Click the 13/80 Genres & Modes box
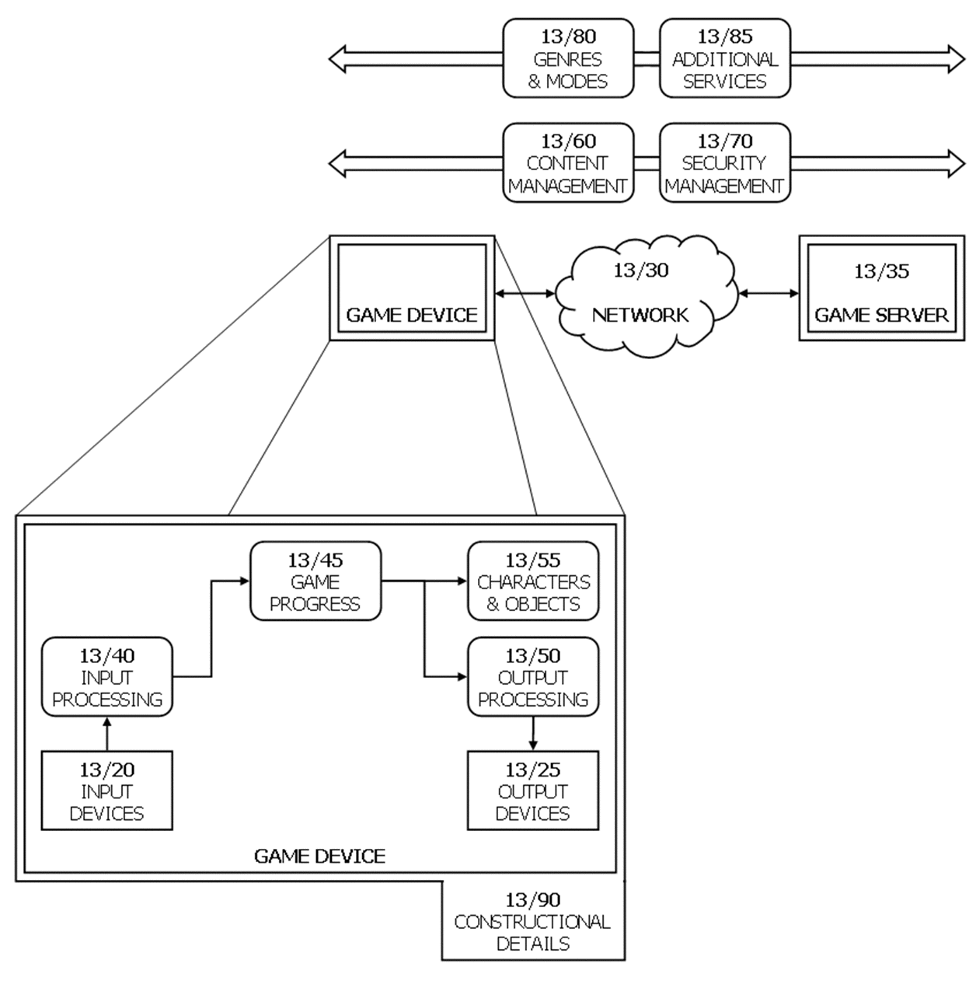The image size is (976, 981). pos(568,58)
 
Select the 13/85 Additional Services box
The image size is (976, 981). pos(724,58)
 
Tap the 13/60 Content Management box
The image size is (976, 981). pos(568,163)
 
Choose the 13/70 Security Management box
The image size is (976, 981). pos(724,163)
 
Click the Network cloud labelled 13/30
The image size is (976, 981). pos(646,295)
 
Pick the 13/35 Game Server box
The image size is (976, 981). pos(881,288)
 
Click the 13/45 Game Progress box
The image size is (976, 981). pos(315,581)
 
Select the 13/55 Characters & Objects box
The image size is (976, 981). pos(533,581)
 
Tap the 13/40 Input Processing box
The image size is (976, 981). pos(107,676)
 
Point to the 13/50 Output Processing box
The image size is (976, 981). pos(533,676)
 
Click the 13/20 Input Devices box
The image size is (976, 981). pos(107,791)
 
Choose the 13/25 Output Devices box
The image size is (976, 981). pos(533,791)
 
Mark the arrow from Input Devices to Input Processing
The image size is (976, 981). pos(107,734)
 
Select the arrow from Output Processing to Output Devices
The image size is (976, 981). pos(533,734)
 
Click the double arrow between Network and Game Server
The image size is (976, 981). pos(769,293)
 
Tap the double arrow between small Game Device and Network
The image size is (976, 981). pos(525,293)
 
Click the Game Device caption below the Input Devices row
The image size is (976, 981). pos(319,857)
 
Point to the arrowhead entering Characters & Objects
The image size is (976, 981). pos(462,581)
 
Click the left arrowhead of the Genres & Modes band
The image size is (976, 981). pos(337,59)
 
